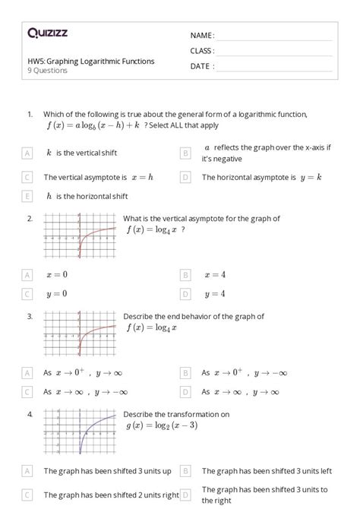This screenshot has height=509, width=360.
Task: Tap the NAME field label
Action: [x=202, y=35]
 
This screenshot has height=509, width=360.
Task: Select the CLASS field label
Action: [x=202, y=51]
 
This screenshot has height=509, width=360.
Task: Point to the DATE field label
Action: [x=202, y=66]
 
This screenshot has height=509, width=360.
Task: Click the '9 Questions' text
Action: [x=47, y=71]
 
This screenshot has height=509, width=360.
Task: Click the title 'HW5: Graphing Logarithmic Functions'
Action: [x=90, y=61]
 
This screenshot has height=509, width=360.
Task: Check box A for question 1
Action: [x=27, y=153]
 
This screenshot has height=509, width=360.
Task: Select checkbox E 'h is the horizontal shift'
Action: [x=27, y=196]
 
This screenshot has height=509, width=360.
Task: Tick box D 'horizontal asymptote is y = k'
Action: [x=185, y=177]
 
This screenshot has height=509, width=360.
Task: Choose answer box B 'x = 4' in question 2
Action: [x=185, y=274]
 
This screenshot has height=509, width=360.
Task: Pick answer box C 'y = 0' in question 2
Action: [x=27, y=293]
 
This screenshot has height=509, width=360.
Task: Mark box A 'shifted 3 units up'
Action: [x=27, y=471]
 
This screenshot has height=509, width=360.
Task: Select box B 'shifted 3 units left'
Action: [x=185, y=471]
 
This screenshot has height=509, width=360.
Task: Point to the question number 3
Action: [x=30, y=315]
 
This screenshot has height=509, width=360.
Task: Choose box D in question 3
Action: [x=185, y=392]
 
